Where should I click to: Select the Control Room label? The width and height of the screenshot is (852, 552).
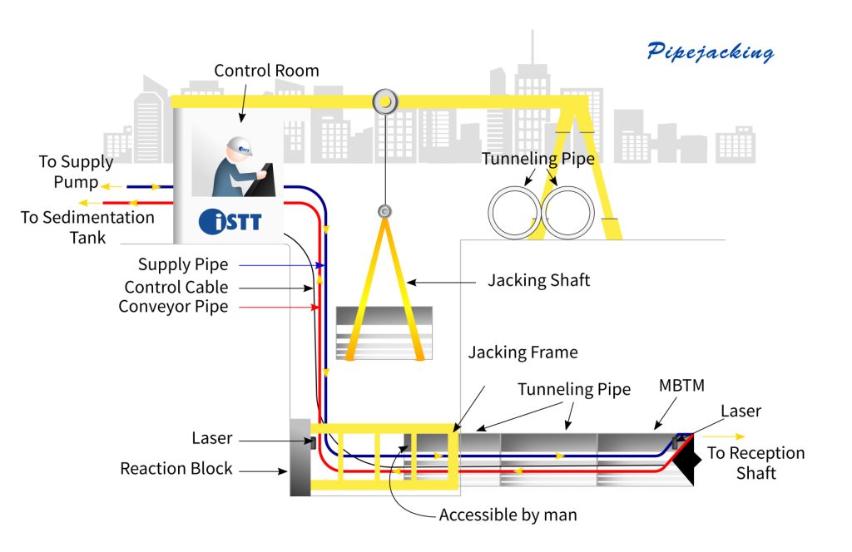tap(266, 71)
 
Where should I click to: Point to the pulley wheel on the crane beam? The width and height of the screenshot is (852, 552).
tap(384, 101)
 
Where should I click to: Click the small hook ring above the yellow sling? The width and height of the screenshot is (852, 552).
tap(384, 212)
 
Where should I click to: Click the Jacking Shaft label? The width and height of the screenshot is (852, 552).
tap(538, 280)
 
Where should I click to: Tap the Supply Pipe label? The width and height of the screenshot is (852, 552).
tap(183, 265)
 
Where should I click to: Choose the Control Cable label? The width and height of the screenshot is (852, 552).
tap(176, 287)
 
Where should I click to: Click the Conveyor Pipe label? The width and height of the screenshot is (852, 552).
tap(173, 307)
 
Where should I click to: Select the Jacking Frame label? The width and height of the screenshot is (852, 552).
tap(522, 352)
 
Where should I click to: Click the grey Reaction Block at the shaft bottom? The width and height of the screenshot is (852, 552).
tap(300, 456)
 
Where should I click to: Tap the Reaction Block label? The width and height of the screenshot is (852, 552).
tap(176, 468)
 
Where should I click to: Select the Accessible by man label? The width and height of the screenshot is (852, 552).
tap(508, 515)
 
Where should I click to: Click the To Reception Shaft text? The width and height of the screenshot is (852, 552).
tap(755, 463)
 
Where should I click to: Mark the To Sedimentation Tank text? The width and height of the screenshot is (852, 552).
tap(87, 227)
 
